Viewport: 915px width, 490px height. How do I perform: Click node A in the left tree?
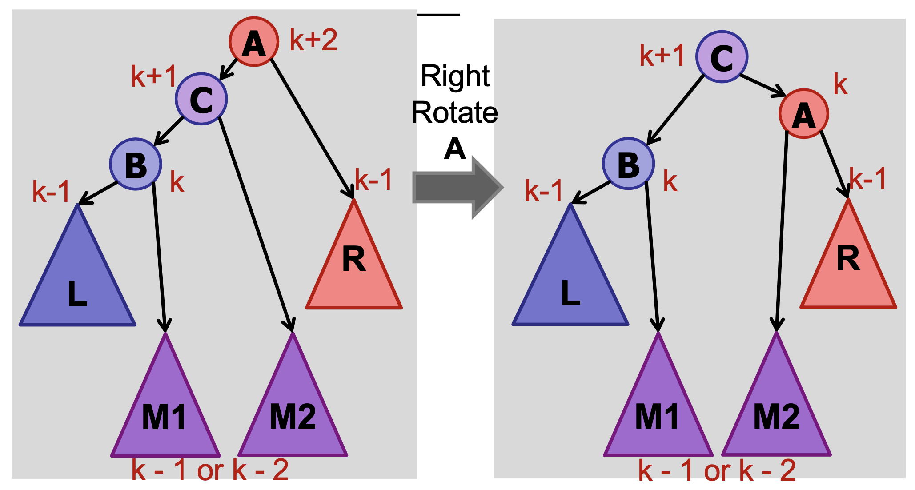coord(253,42)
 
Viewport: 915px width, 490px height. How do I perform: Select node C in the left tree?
coord(201,99)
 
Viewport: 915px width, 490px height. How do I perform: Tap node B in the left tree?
coord(135,165)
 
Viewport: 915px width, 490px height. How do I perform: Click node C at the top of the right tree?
coord(721,57)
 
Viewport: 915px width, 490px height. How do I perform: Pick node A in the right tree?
coord(803,114)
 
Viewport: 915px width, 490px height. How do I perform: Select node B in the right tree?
coord(628,164)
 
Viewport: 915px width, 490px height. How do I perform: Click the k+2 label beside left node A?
coord(313,40)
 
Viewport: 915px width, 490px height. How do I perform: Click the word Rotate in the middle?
coord(454,112)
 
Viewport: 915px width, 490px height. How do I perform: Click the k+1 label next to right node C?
coord(662,56)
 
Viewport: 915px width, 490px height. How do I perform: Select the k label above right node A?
coord(840,84)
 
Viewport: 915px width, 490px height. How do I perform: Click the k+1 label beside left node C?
coord(154,76)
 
